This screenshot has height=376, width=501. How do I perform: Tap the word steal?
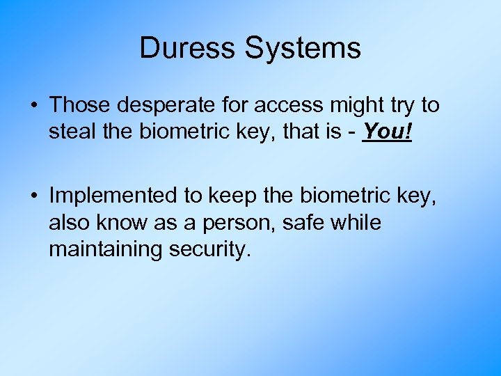[x=71, y=132]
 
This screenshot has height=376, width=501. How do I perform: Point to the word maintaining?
[x=106, y=249]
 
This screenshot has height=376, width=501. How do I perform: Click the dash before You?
[x=354, y=132]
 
